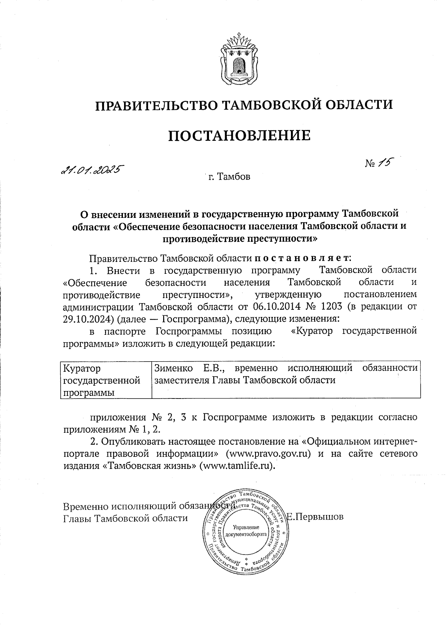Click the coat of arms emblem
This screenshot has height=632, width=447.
point(240,61)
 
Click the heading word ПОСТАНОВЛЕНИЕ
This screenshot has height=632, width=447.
point(239,136)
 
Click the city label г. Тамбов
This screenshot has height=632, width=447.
point(229,176)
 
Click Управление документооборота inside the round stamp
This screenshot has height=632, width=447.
point(246,531)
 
